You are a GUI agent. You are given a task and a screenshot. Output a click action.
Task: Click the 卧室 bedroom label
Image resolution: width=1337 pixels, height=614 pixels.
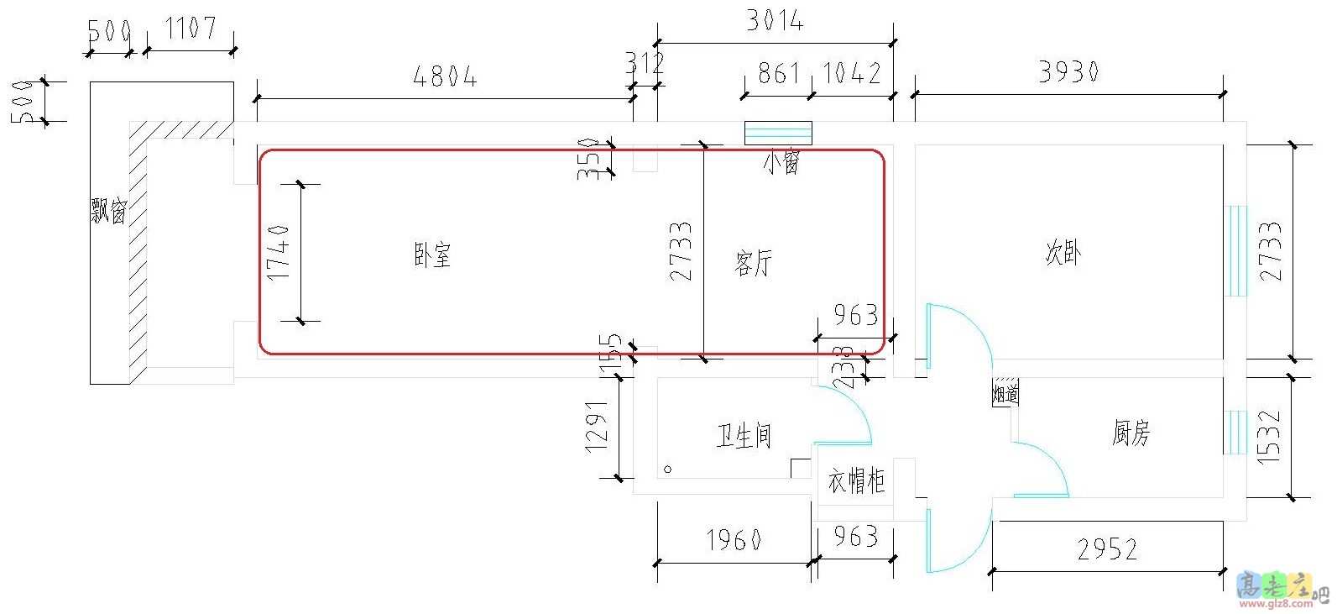(x=432, y=255)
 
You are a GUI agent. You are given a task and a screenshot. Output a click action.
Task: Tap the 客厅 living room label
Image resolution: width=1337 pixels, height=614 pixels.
(x=753, y=263)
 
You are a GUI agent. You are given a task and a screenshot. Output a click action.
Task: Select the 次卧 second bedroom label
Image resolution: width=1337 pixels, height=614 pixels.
(x=1063, y=252)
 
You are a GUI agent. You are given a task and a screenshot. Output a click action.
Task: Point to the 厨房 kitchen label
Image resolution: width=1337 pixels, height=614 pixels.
(x=1131, y=433)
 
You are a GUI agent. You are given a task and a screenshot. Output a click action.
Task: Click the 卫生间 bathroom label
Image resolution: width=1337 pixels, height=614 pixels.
(x=744, y=435)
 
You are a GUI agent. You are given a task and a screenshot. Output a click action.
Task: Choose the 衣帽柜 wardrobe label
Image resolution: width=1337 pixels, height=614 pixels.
(x=856, y=481)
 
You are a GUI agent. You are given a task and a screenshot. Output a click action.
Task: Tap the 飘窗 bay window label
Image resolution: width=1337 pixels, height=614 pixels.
(x=109, y=210)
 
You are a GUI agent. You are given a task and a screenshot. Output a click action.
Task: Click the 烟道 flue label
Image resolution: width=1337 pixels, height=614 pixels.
(x=1005, y=392)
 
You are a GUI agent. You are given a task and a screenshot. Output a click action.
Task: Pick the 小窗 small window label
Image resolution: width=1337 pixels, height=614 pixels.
(x=781, y=161)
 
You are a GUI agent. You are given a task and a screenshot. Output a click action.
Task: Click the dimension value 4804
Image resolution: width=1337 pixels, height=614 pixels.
(x=445, y=77)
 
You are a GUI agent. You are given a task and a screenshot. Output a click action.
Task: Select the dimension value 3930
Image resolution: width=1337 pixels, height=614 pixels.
(x=1068, y=72)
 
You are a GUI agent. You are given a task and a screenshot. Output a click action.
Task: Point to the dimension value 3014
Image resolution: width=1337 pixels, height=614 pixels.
(x=775, y=21)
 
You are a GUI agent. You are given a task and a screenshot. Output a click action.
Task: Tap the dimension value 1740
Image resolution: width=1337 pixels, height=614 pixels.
(x=279, y=252)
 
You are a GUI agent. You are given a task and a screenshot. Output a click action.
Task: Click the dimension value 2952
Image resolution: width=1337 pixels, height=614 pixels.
(x=1107, y=549)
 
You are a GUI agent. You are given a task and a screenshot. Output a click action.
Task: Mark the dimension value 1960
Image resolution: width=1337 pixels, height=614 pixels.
(x=734, y=540)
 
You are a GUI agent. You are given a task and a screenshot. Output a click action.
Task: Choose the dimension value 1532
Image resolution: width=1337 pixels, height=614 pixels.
(x=1269, y=437)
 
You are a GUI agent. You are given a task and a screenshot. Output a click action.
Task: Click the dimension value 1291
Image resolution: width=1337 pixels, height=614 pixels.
(x=596, y=427)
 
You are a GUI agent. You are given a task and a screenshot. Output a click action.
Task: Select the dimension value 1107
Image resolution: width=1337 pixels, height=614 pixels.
(x=191, y=29)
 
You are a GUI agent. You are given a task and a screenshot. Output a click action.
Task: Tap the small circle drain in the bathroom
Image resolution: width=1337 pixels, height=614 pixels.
(x=668, y=469)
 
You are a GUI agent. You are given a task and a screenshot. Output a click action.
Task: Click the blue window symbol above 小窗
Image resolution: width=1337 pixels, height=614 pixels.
(x=778, y=133)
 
